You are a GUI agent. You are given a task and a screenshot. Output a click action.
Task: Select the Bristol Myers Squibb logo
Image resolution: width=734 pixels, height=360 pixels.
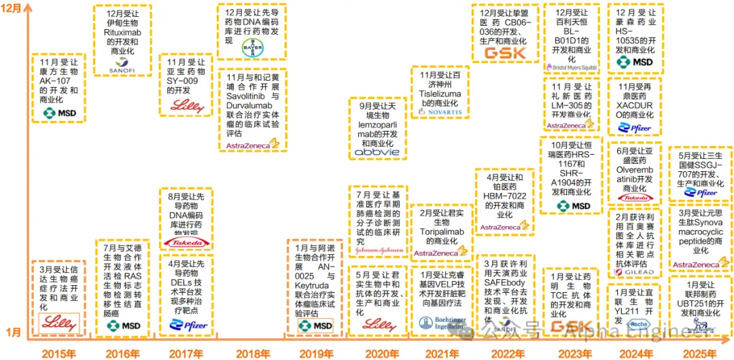pos(571,67)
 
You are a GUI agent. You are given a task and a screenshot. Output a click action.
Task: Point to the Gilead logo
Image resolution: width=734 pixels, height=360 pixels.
pos(633,272)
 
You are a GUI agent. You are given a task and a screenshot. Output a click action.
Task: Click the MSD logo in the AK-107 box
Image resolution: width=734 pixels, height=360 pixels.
pos(59,113)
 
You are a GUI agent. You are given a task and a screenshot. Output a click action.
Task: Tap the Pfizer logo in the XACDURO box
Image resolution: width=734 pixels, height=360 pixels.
pos(634,128)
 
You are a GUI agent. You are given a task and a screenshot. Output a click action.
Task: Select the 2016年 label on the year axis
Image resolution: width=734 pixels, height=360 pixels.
pos(123,353)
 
